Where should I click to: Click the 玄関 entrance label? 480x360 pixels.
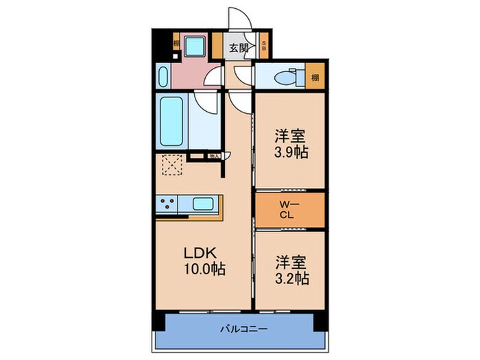[x=238, y=48]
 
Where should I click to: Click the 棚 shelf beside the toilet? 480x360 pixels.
[x=315, y=77]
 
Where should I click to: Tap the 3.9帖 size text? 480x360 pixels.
[x=291, y=152]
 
